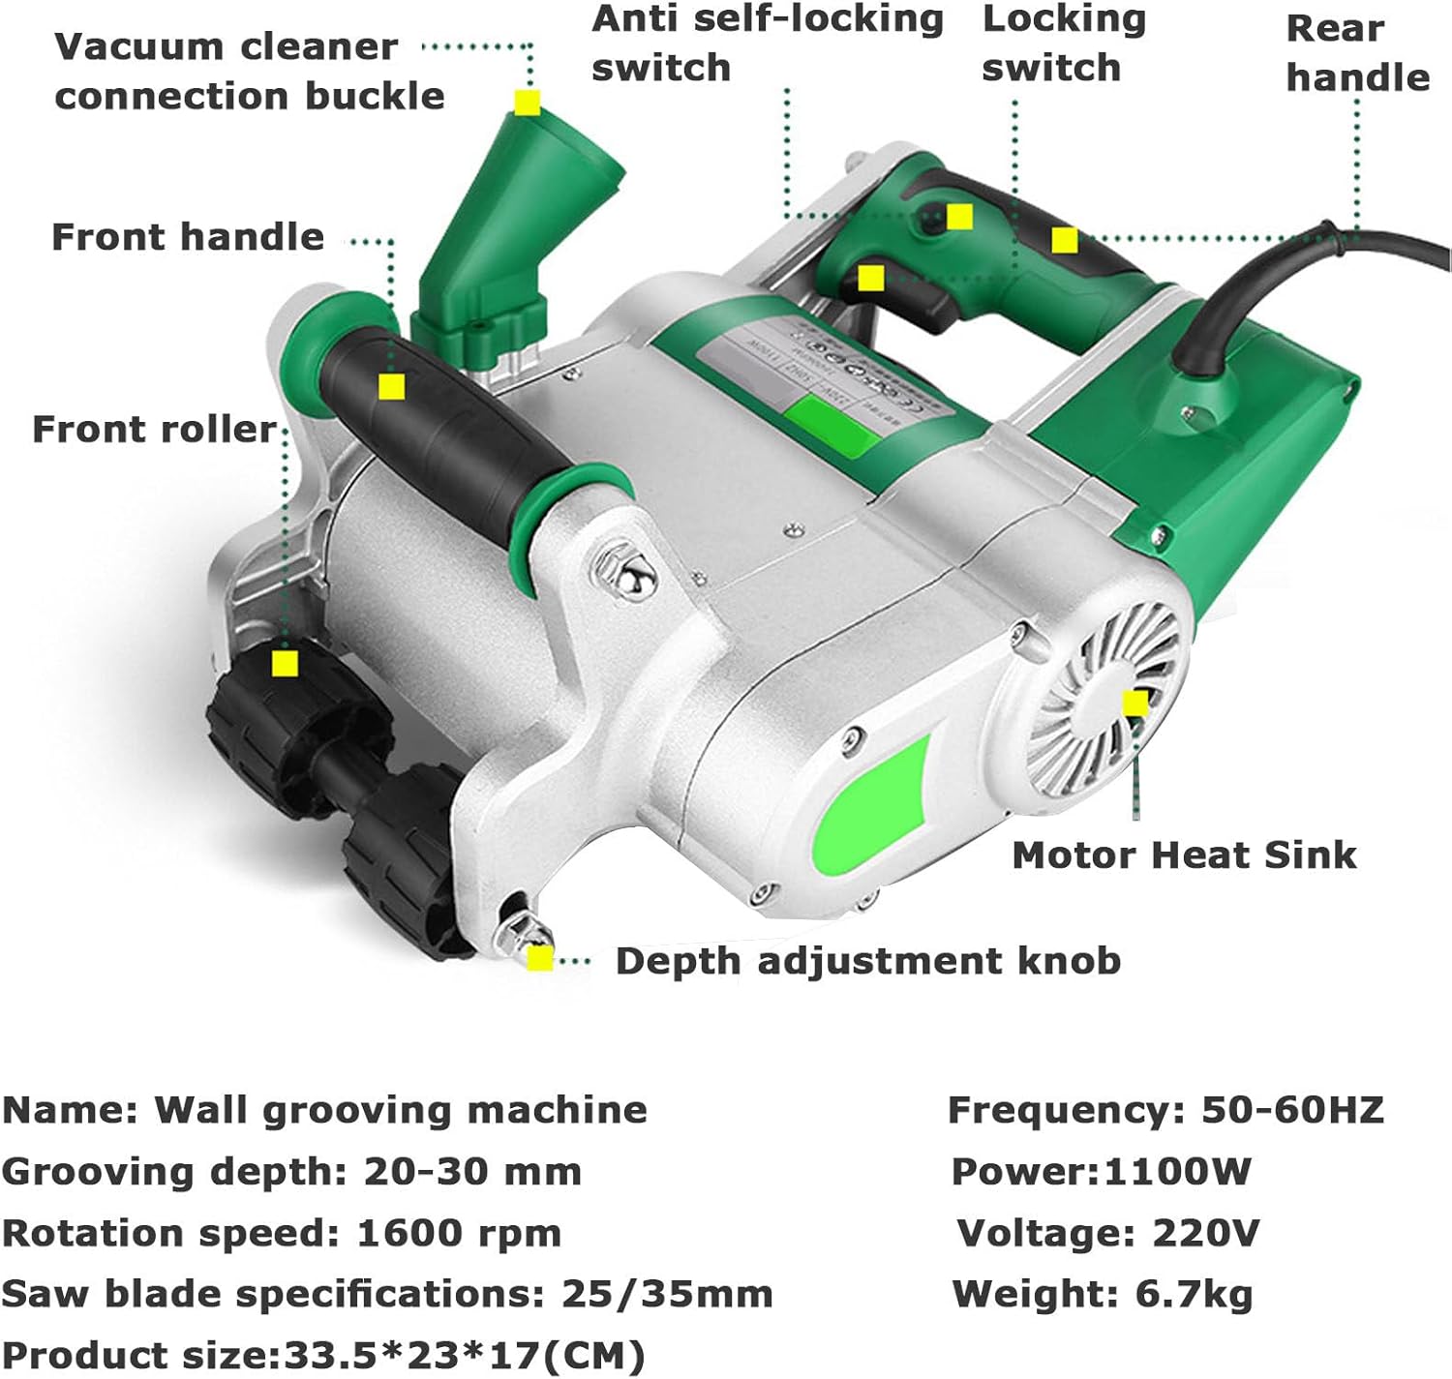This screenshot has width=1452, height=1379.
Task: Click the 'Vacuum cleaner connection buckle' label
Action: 249,72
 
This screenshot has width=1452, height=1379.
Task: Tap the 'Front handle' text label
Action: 188,237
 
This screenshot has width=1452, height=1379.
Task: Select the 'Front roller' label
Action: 155,429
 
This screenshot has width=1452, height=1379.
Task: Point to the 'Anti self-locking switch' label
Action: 767,44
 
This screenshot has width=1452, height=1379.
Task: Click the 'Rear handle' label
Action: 1357,53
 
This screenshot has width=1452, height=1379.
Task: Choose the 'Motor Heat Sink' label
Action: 1183,855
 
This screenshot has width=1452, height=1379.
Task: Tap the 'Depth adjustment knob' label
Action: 868,961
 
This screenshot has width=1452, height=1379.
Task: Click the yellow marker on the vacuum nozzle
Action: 527,103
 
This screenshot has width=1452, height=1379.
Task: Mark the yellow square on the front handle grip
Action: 391,387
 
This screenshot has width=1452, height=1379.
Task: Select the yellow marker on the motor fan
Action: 1135,704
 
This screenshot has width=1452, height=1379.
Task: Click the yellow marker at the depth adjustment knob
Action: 539,958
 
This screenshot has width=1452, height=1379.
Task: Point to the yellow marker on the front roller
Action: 284,663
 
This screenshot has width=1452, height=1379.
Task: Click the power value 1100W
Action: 1177,1172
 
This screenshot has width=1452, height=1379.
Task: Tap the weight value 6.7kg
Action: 1194,1294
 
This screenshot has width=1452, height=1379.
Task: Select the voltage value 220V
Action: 1206,1233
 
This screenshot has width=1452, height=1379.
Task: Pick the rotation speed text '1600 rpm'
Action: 459,1233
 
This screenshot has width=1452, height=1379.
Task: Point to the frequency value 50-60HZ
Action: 1292,1110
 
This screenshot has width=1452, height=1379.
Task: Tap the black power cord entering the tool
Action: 1249,290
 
